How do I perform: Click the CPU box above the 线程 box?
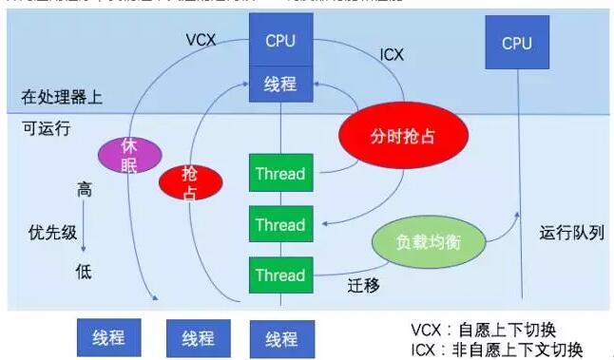280,41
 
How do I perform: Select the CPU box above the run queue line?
517,44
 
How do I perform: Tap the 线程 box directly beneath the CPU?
280,85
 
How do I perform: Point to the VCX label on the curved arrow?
201,42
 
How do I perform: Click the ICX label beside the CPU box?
391,55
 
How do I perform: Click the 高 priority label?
85,191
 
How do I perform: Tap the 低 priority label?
85,273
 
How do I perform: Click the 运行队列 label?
571,233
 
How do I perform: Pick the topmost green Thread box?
279,174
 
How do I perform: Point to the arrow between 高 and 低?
85,232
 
